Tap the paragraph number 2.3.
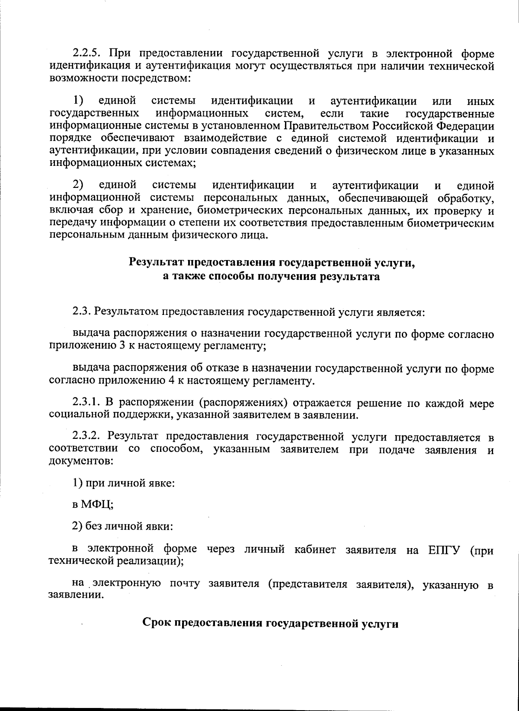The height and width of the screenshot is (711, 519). pyautogui.click(x=81, y=311)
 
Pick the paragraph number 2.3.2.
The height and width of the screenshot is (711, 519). pyautogui.click(x=87, y=437)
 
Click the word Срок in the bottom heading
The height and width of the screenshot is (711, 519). pyautogui.click(x=156, y=623)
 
